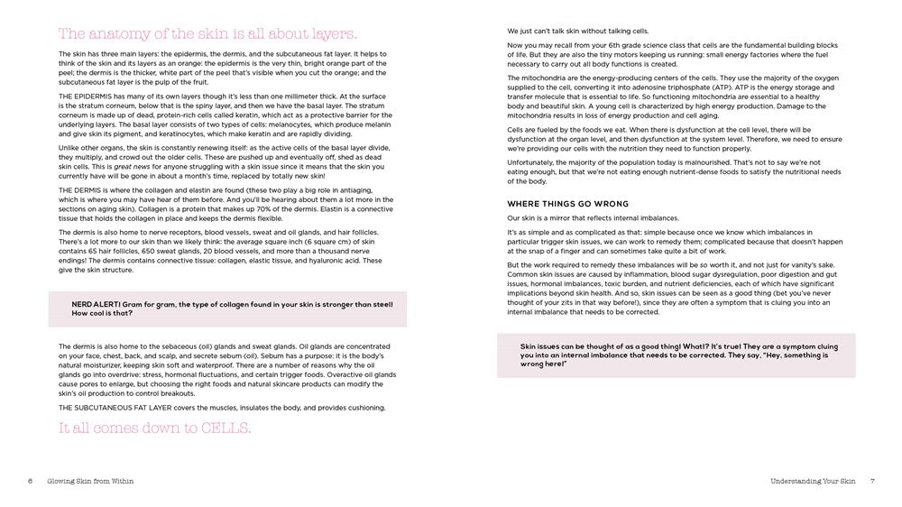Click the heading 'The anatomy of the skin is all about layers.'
(x=207, y=34)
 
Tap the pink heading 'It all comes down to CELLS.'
(x=154, y=427)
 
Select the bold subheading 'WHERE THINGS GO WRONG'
(x=567, y=204)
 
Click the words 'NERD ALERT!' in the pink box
(x=94, y=304)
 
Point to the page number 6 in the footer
(x=30, y=481)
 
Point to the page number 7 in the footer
(x=872, y=481)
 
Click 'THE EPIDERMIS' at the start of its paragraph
(x=83, y=95)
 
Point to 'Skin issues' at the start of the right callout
(x=538, y=346)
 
